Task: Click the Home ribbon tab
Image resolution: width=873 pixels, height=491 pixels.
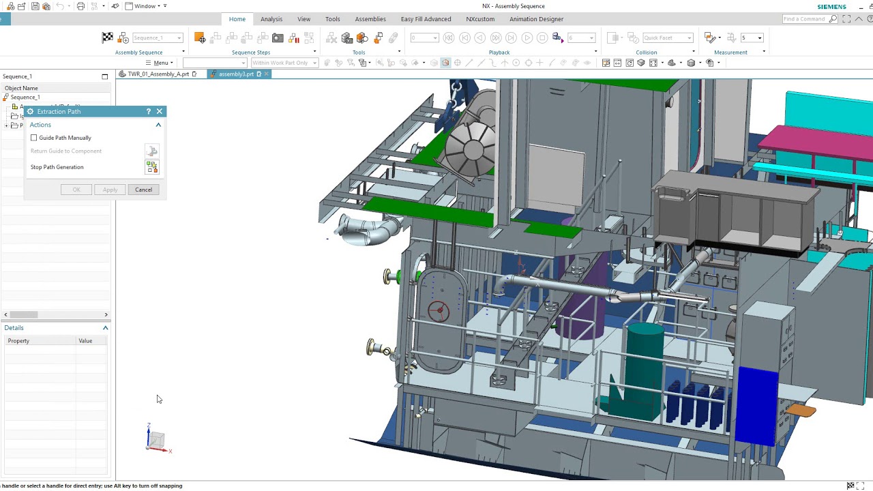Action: click(237, 19)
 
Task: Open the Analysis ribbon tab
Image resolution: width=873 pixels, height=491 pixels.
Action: click(271, 19)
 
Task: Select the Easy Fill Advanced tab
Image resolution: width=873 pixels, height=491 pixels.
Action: click(426, 19)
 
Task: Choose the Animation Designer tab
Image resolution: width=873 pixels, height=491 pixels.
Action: click(536, 19)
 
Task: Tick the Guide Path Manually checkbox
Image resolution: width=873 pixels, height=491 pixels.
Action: click(34, 138)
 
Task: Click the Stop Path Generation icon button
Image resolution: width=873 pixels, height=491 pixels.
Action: click(151, 167)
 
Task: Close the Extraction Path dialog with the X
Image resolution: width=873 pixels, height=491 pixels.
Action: click(160, 111)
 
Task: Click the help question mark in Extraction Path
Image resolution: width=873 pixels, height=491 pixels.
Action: click(149, 111)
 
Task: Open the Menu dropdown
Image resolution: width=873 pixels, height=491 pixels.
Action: click(160, 63)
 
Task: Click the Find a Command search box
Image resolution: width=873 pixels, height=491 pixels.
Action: click(805, 19)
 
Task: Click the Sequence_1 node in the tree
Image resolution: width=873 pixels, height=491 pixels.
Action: click(25, 98)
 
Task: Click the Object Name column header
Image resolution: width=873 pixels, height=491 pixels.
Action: click(21, 88)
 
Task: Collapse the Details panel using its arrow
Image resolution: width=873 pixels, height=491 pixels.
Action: click(105, 328)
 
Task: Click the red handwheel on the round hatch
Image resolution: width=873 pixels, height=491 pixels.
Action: click(439, 311)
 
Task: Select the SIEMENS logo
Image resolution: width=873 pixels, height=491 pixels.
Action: click(831, 7)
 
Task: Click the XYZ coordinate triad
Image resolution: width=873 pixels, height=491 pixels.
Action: click(156, 440)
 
